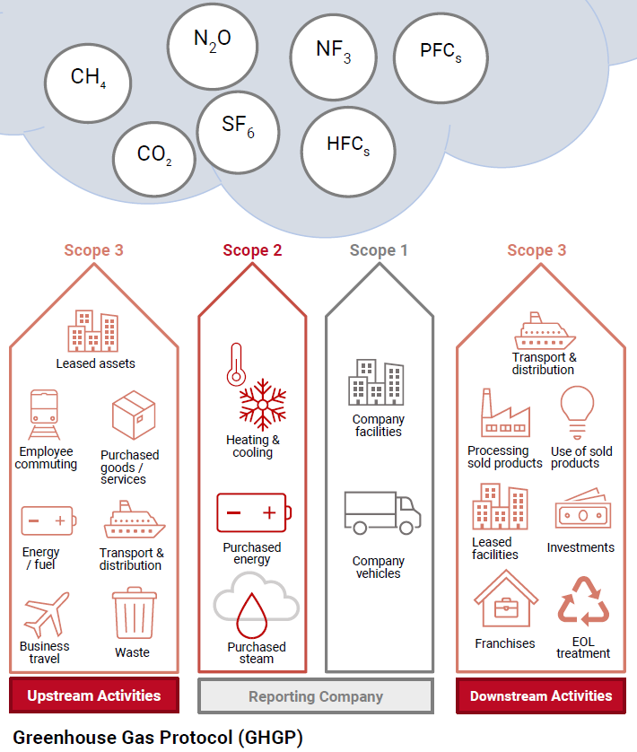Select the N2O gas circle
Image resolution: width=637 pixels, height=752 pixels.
coord(212,42)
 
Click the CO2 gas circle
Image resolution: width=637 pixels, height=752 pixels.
coord(154,156)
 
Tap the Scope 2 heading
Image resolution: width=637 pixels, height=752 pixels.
coord(252,250)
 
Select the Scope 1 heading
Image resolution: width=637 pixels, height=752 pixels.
coord(379,250)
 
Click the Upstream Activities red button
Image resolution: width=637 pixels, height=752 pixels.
coord(94,695)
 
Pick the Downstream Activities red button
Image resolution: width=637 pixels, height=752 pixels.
coord(541,695)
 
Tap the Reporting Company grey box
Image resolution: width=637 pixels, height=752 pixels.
coord(316,695)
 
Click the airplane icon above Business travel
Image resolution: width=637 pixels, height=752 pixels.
coord(46,614)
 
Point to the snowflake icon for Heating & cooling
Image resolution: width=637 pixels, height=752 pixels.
coord(263,407)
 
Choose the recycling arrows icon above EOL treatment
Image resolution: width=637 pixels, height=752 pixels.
coord(583,602)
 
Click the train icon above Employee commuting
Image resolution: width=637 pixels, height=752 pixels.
coord(44,414)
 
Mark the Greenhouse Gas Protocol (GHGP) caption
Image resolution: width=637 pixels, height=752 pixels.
coord(158,738)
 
